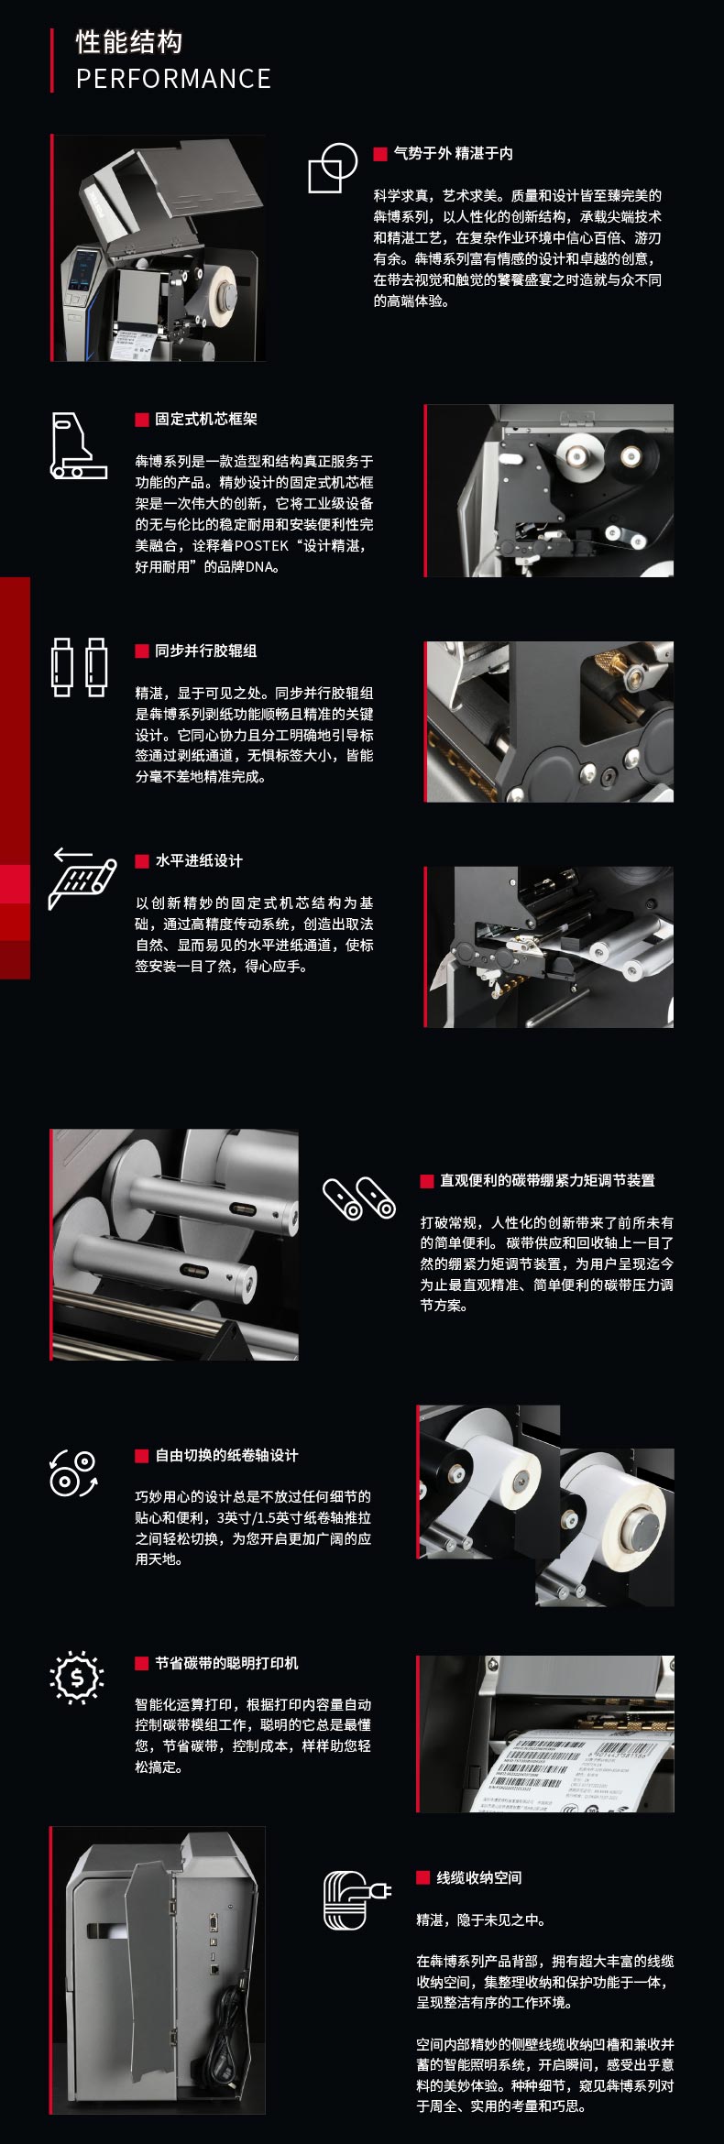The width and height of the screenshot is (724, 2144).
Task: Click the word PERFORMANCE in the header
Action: [173, 79]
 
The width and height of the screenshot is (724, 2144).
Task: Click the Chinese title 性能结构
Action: [129, 41]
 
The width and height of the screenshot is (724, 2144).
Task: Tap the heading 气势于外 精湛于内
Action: [453, 153]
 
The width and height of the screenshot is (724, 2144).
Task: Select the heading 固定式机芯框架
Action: [206, 419]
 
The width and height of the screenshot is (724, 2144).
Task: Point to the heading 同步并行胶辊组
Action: [206, 651]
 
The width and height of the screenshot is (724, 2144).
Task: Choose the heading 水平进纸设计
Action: [199, 860]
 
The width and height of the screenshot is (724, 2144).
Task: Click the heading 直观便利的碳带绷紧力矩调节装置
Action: [547, 1180]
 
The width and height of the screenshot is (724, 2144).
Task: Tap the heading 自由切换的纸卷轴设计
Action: [226, 1455]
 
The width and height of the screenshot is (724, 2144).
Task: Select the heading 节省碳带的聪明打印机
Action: [226, 1663]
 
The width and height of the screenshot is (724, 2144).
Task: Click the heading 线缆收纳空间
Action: [479, 1877]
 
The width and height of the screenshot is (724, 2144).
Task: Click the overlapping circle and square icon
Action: [332, 168]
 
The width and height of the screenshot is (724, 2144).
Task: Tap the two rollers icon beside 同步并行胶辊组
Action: [79, 667]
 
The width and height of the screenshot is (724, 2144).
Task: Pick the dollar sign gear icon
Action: [77, 1677]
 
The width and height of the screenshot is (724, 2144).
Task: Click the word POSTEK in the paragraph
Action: [261, 545]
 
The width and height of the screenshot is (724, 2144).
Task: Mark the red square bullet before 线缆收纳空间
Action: [423, 1877]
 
